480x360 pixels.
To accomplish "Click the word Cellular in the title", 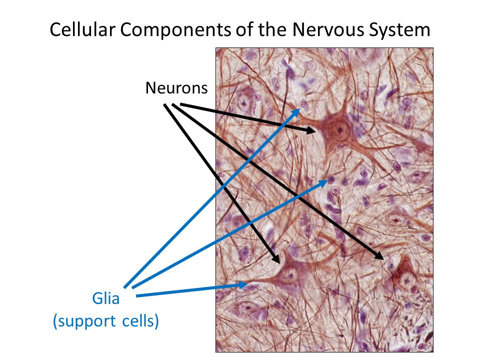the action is coord(82,29).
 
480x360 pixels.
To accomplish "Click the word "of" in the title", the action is coord(244,29).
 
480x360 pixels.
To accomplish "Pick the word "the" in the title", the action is coord(272,29).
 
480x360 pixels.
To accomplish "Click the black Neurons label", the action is coord(176,88).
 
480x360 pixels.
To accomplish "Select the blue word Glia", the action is coord(105,298).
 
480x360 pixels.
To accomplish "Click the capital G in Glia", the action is coord(96,298).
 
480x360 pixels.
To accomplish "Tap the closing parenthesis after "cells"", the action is coord(156,321).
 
